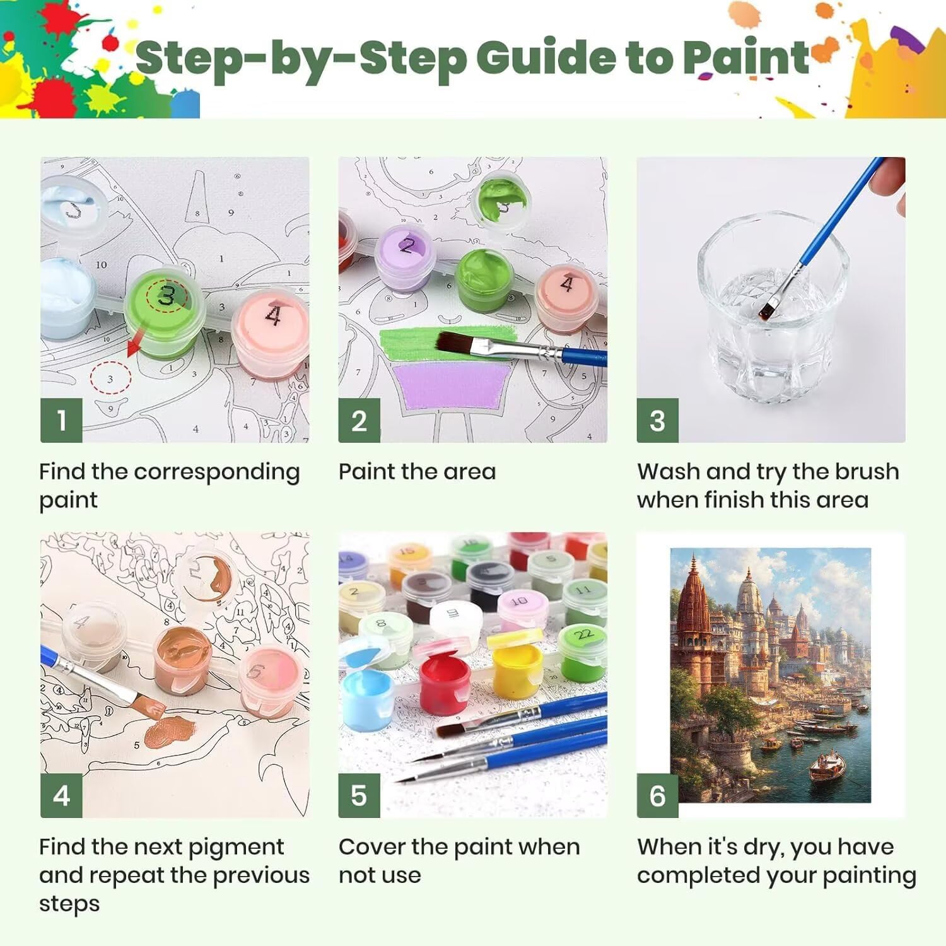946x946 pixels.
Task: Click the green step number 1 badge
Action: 61,420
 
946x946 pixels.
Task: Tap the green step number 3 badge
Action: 657,420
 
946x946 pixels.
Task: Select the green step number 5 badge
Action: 359,795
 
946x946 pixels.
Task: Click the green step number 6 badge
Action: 657,795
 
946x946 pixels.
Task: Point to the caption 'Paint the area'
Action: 417,471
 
